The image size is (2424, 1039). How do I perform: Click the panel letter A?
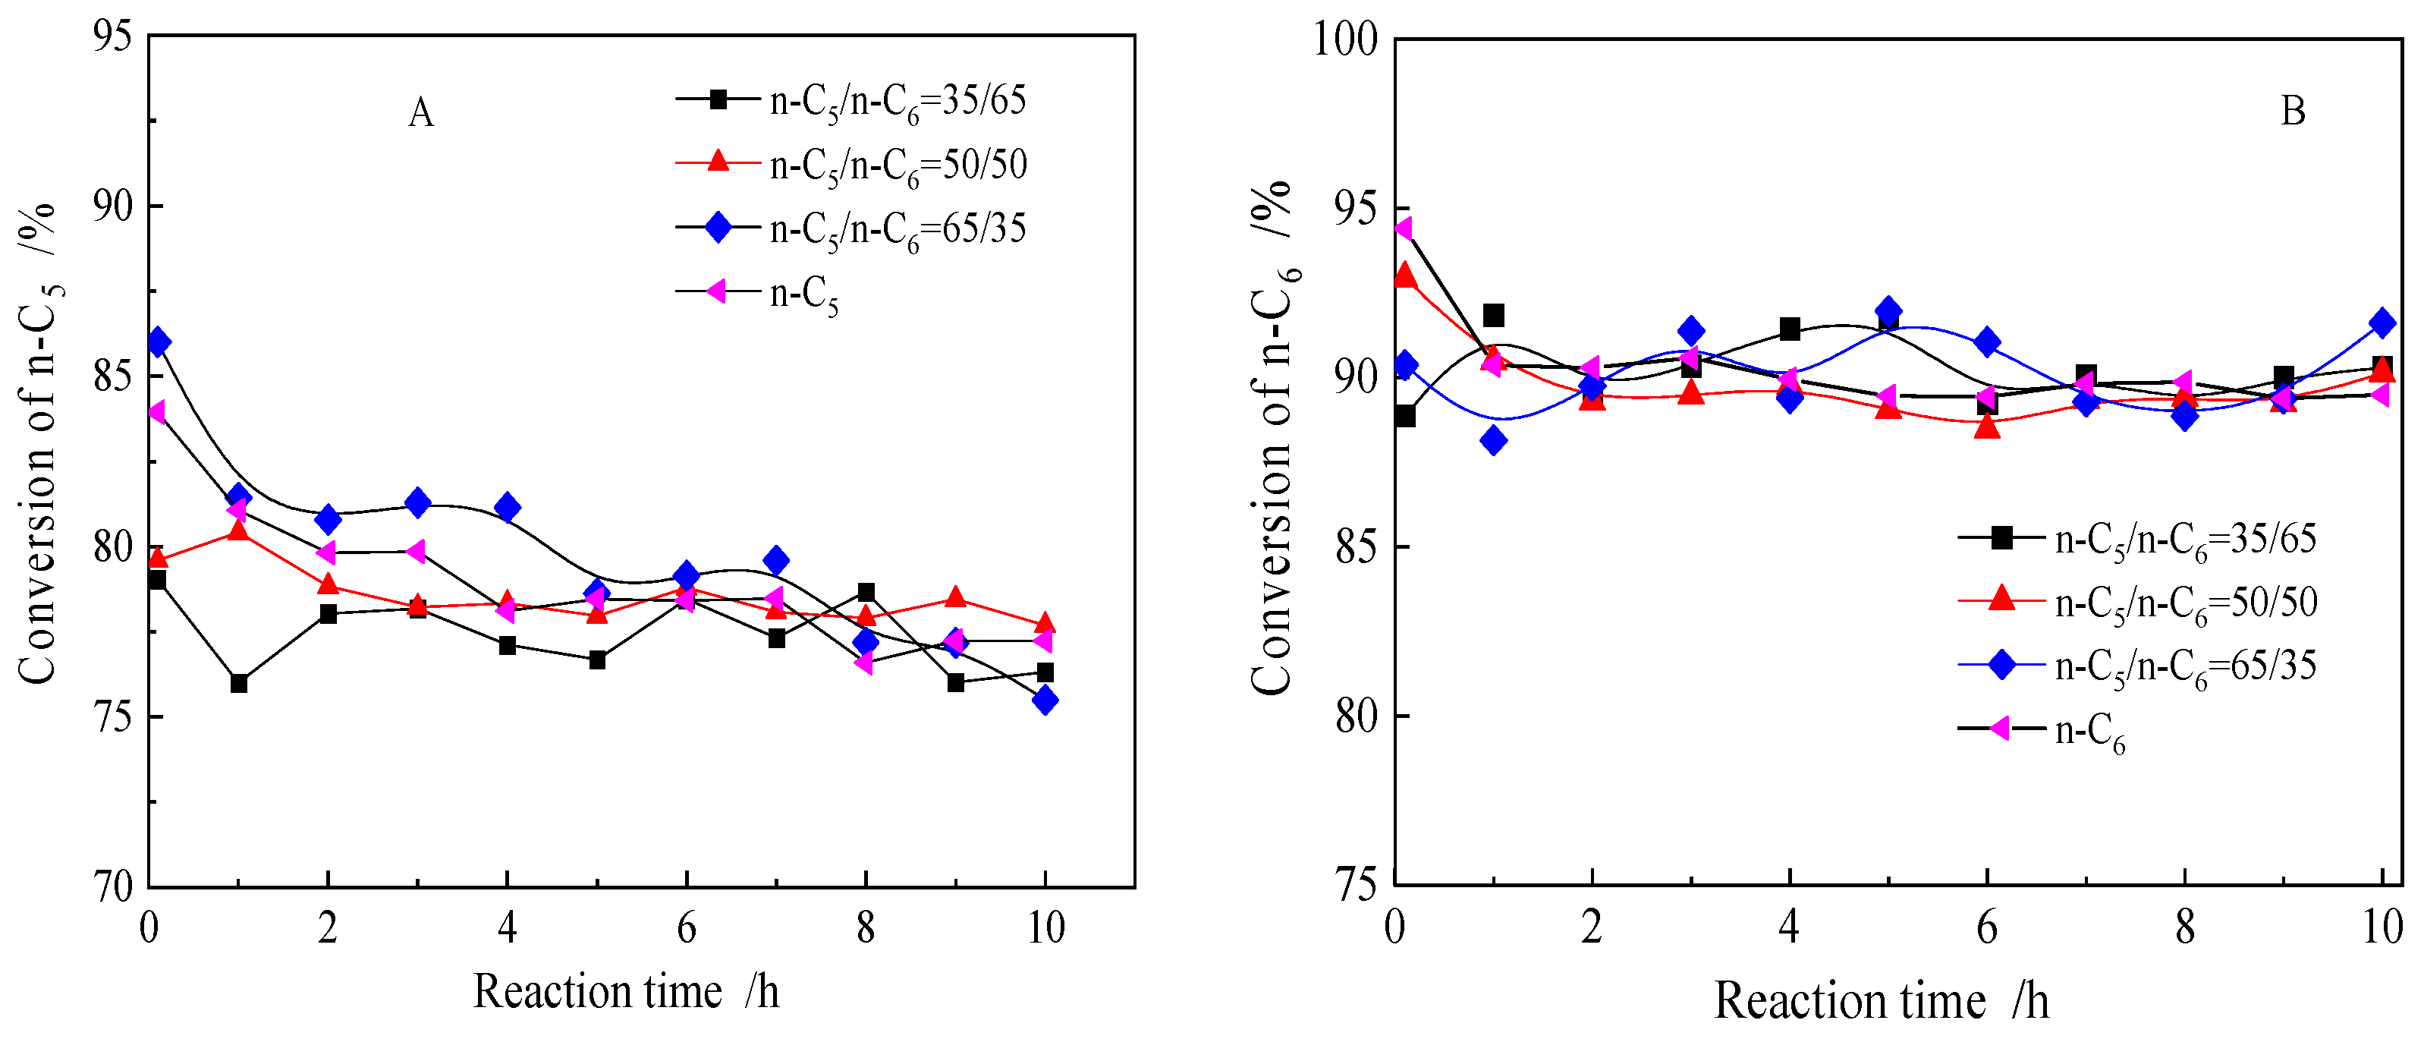click(420, 113)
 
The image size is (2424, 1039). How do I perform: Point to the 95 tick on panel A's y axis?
click(113, 36)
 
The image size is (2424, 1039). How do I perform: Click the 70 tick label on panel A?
click(113, 886)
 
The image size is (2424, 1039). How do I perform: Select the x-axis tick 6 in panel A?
click(686, 929)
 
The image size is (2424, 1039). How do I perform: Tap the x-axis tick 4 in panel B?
click(1789, 929)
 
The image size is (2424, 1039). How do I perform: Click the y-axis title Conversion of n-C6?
click(1273, 438)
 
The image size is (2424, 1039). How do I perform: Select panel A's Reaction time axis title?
click(626, 992)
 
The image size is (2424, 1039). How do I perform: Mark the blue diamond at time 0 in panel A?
click(158, 342)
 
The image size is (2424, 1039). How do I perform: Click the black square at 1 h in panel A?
click(239, 683)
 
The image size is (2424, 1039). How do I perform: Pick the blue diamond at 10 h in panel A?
click(1045, 701)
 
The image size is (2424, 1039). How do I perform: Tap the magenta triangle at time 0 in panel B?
click(1402, 228)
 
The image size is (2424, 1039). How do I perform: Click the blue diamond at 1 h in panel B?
click(1493, 440)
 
